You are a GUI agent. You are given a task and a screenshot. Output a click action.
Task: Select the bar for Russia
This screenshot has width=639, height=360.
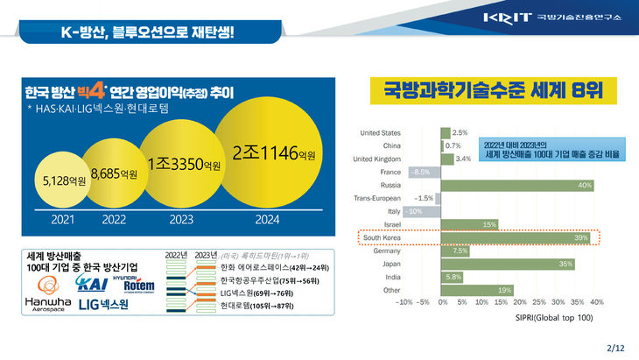(517, 186)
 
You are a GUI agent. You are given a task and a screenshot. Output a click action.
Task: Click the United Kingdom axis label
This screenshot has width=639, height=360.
(376, 159)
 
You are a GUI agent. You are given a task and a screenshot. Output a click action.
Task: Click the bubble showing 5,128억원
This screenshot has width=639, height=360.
(64, 180)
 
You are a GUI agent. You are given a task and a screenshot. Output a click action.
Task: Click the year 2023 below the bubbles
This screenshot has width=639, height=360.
(181, 219)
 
